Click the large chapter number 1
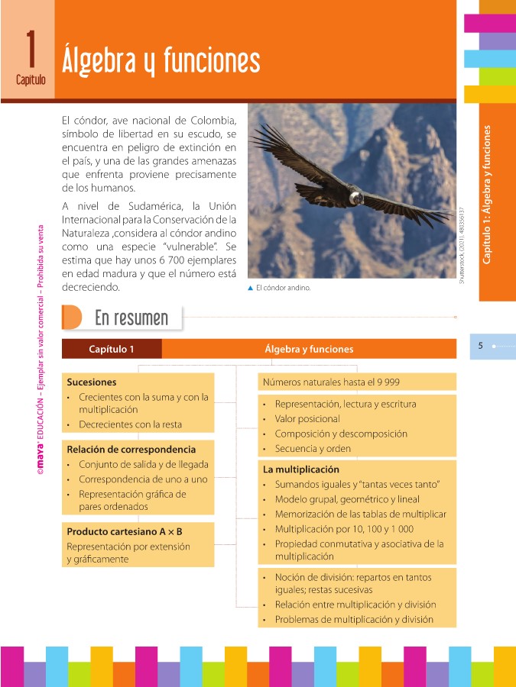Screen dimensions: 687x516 [31, 47]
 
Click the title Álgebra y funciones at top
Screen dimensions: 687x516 [161, 59]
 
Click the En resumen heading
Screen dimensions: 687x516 [131, 317]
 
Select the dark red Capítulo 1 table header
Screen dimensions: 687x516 [112, 349]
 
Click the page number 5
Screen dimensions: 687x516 [480, 346]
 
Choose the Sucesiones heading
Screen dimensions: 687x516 [92, 382]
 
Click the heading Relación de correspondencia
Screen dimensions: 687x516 [131, 450]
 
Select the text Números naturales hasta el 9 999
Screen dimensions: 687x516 [331, 382]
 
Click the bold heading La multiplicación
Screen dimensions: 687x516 [301, 469]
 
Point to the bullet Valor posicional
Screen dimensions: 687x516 [307, 419]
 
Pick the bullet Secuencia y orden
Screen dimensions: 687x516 [313, 449]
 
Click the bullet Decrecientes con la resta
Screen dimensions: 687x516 [130, 424]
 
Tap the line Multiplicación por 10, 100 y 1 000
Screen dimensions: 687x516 [344, 529]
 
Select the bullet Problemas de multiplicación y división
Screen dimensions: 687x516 [354, 619]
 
